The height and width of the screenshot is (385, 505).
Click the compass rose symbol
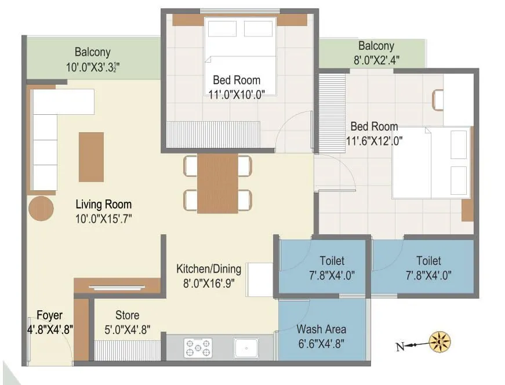point(439,343)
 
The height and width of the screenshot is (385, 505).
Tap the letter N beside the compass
point(399,347)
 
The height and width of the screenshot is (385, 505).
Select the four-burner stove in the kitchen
point(198,348)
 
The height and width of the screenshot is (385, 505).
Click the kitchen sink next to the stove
point(246,348)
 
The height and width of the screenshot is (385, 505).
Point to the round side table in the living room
point(41,208)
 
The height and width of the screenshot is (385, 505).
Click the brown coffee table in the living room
point(91,157)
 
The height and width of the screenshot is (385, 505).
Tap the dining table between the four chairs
point(217,183)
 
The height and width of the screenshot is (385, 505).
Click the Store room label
point(127,315)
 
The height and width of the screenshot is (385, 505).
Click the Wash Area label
point(321,329)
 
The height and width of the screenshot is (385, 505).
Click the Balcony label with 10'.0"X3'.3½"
point(92,52)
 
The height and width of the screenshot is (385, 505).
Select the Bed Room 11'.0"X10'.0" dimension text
point(237,94)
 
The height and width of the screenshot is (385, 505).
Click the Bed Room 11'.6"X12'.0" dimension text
point(374,140)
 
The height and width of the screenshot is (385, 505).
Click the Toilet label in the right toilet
point(428,261)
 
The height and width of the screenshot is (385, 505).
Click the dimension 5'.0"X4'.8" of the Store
point(127,329)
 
